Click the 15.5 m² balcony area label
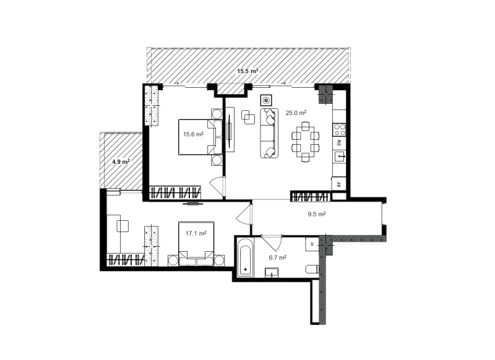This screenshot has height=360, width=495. click(248, 71)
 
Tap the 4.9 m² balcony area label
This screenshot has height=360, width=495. click(121, 162)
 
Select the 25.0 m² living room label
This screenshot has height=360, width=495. click(296, 113)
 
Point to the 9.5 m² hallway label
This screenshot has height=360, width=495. click(317, 214)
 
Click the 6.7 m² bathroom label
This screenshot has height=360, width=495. click(278, 257)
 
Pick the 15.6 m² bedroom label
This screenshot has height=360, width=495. click(194, 134)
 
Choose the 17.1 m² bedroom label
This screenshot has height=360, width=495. click(196, 233)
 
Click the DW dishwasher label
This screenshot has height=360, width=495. click(339, 143)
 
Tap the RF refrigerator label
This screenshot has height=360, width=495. click(339, 184)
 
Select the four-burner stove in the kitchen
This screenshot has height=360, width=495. click(340, 130)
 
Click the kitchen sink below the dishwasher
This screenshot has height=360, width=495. click(340, 156)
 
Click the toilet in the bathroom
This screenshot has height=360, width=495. click(312, 269)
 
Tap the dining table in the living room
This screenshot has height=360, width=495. click(305, 142)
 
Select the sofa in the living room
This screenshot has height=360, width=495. click(269, 133)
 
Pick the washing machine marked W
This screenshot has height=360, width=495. click(312, 244)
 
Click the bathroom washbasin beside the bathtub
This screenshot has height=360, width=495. click(272, 273)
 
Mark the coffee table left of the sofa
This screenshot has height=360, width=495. click(248, 118)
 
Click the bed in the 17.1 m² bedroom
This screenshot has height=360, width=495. click(196, 244)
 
